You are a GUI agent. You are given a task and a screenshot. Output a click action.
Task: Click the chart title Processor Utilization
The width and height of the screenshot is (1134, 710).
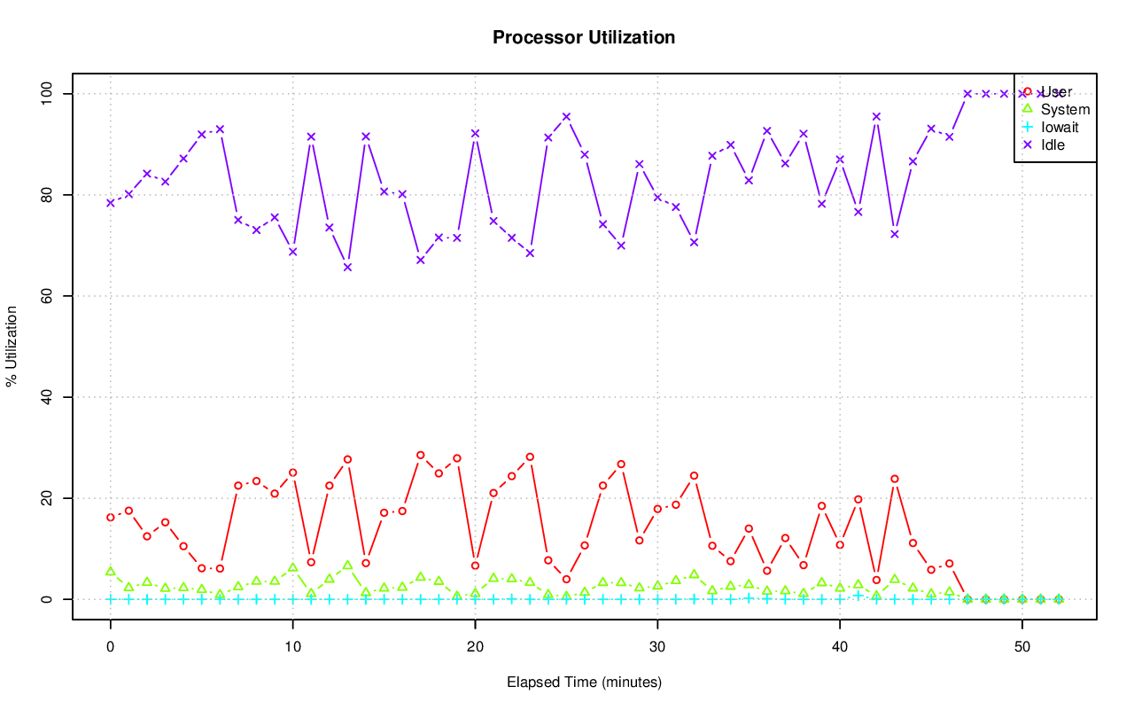click(584, 37)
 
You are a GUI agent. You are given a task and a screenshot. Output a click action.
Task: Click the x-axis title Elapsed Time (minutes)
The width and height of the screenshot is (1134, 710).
click(584, 683)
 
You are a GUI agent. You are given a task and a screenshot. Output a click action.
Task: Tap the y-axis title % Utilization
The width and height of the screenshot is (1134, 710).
click(12, 347)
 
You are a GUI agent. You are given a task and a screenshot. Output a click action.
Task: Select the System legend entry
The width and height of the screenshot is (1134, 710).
click(1065, 110)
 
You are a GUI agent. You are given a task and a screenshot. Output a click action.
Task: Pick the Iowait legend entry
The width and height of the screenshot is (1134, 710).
click(1060, 127)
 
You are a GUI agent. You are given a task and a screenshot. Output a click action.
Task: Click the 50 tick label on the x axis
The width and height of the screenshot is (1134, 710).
click(1022, 646)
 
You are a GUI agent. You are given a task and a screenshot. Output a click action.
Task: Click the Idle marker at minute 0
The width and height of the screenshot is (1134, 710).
click(111, 203)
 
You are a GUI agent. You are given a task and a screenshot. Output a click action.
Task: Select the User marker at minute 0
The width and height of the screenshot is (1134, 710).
click(111, 517)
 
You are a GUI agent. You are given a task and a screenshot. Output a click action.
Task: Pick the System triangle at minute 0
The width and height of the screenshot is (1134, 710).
click(111, 572)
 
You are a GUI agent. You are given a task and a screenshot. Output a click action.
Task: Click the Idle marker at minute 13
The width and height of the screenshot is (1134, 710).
click(347, 267)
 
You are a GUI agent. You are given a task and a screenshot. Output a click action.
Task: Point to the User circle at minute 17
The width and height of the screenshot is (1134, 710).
click(421, 455)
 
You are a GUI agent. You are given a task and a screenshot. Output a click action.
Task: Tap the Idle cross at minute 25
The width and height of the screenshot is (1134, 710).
click(566, 116)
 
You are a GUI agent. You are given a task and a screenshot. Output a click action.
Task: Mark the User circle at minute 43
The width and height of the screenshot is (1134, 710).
click(895, 479)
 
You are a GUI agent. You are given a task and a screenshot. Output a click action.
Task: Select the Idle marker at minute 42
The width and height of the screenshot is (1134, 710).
click(876, 116)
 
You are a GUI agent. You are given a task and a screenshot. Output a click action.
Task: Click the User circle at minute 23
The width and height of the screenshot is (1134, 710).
click(530, 456)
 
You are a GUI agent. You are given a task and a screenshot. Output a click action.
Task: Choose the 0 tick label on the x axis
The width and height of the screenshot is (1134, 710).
click(111, 646)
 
